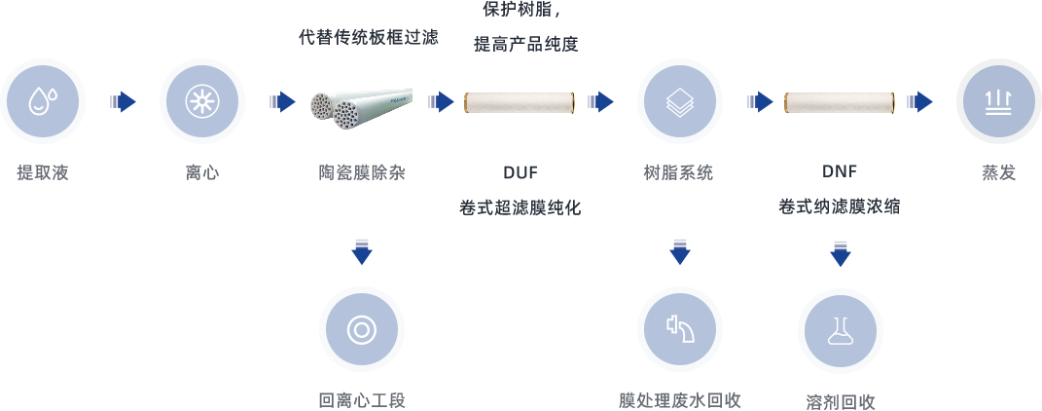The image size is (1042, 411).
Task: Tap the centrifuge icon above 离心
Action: pos(201,100)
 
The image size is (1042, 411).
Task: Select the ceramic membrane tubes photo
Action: pos(361,108)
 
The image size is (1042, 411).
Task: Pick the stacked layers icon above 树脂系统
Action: pos(679,100)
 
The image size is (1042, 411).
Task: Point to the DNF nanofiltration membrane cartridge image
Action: pos(840,102)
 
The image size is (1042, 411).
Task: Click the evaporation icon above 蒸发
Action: pos(998,100)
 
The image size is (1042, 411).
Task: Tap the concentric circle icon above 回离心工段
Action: pos(361,329)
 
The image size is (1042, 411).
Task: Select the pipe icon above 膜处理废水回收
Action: pos(679,329)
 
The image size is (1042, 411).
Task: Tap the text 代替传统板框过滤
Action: pos(368,38)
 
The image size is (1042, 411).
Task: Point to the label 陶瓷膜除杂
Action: pos(361,173)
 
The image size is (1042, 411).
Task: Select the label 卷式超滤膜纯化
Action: pos(521,207)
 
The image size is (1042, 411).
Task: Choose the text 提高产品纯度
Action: pos(525,44)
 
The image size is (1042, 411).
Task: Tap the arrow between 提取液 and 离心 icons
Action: pos(123,101)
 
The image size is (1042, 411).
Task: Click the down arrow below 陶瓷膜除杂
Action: pos(361,251)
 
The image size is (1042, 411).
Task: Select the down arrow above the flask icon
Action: pos(840,253)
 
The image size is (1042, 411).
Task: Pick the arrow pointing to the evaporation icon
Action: pos(919,101)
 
